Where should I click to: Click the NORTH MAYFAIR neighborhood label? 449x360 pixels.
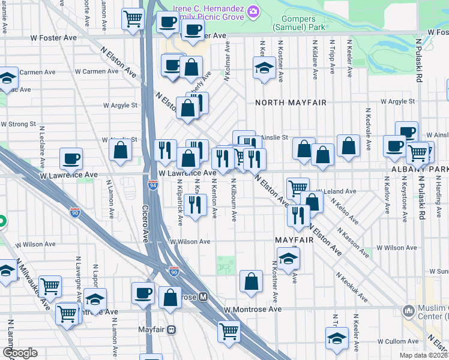tap(291, 103)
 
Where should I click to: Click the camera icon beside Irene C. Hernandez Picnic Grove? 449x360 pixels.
tap(253, 11)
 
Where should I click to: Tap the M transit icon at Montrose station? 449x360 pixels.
tap(203, 297)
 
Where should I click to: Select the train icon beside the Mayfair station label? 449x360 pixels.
tap(172, 329)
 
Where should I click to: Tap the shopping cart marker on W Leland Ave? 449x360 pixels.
tap(297, 188)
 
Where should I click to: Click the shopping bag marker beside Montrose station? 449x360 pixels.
tap(170, 298)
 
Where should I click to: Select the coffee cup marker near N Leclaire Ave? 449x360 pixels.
tap(71, 159)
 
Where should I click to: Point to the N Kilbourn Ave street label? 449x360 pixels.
tap(234, 203)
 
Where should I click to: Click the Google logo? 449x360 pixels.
tap(20, 353)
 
